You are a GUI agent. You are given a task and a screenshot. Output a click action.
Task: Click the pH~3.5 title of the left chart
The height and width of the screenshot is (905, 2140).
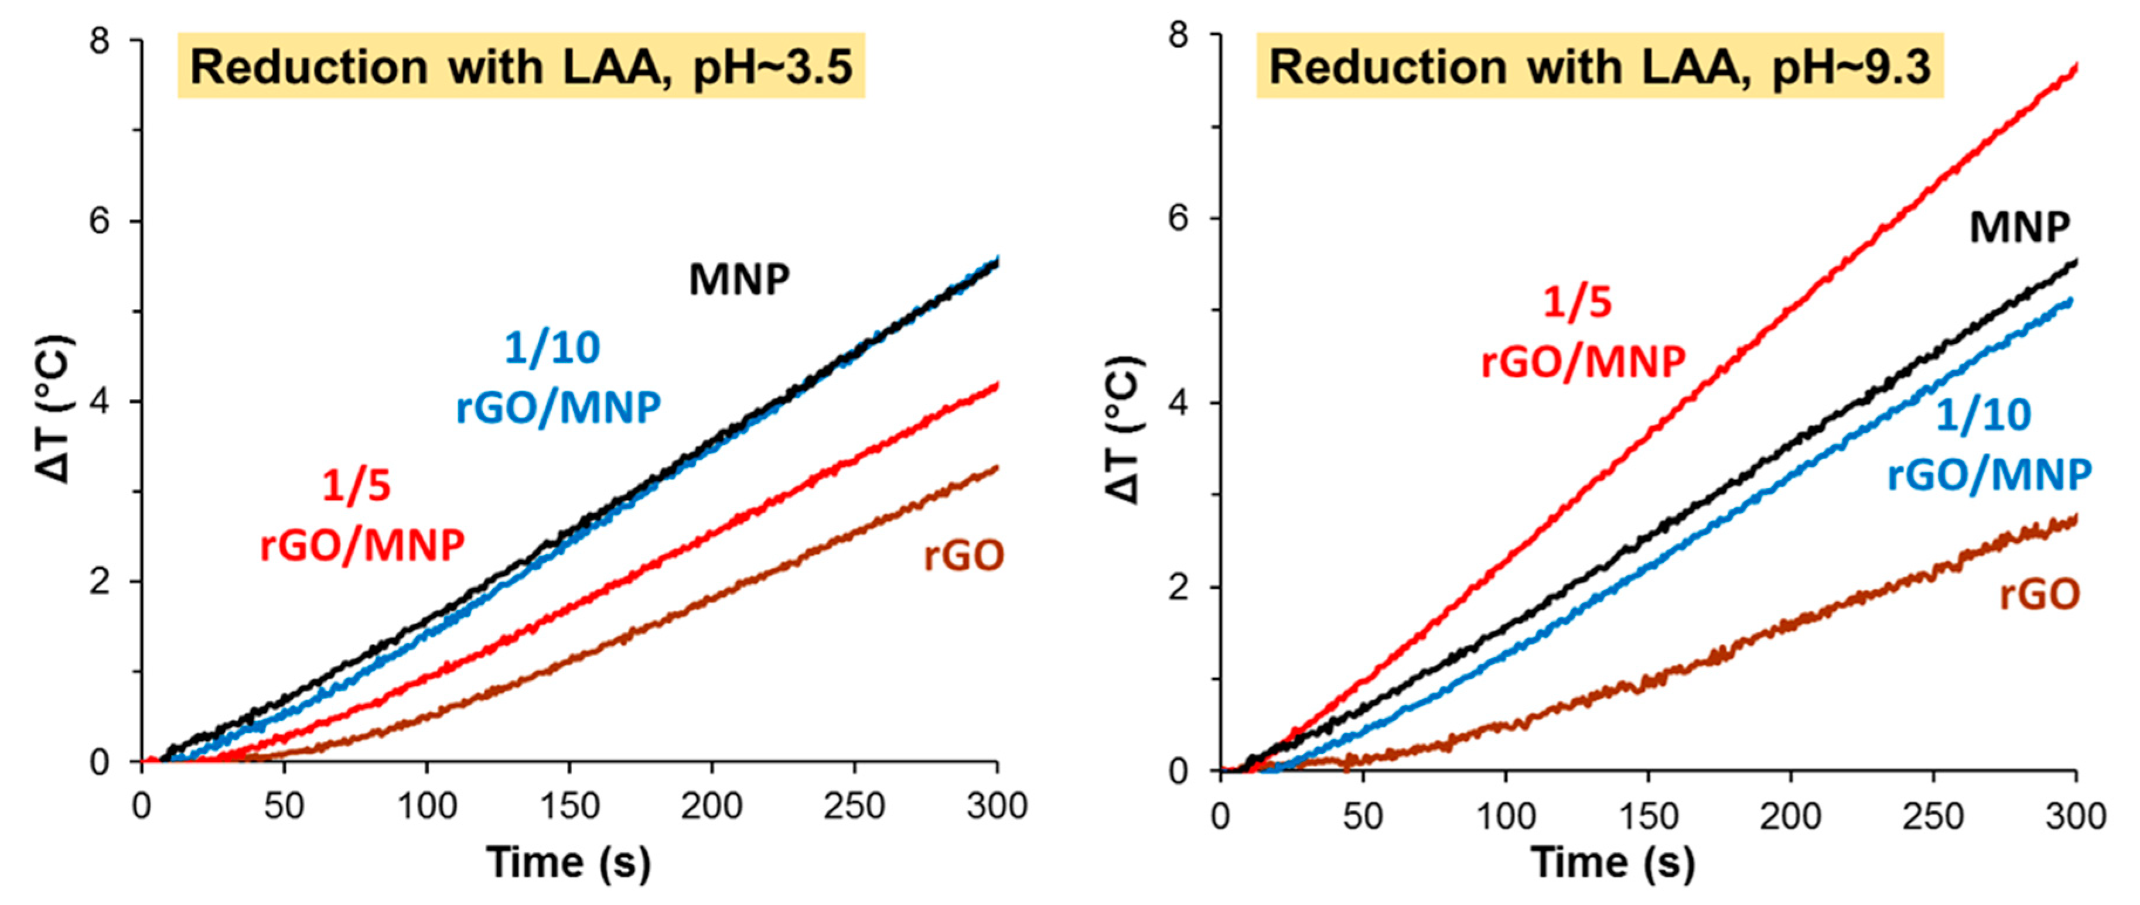[x=521, y=66]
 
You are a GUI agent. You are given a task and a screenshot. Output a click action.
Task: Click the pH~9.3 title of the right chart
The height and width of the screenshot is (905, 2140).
[x=1599, y=66]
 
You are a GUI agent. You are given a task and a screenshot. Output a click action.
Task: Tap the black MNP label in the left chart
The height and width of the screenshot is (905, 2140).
[x=739, y=280]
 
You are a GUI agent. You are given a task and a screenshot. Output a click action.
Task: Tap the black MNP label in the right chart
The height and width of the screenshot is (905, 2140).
[x=2019, y=227]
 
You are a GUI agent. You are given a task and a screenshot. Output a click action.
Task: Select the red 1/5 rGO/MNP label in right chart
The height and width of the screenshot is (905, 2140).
[x=1582, y=332]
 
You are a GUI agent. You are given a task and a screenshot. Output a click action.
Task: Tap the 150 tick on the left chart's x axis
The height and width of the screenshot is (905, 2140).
[x=569, y=806]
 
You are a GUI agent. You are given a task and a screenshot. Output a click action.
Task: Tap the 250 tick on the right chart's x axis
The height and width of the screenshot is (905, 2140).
[x=1933, y=815]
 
